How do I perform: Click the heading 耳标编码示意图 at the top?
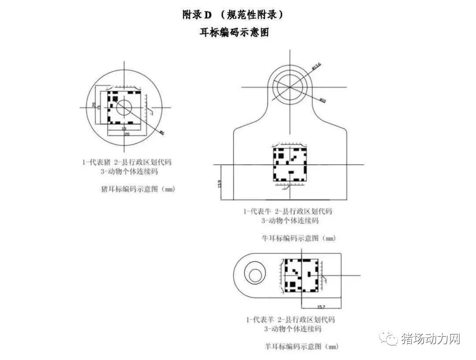[234, 32]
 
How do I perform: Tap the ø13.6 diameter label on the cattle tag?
[316, 67]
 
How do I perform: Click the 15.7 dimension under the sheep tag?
[321, 306]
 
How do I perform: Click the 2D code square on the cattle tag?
[289, 164]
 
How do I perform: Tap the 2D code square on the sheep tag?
[301, 275]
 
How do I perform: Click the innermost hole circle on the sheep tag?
[255, 275]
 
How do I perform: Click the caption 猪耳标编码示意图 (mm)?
[138, 189]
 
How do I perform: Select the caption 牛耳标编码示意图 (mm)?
[299, 238]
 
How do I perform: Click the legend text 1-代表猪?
[95, 162]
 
